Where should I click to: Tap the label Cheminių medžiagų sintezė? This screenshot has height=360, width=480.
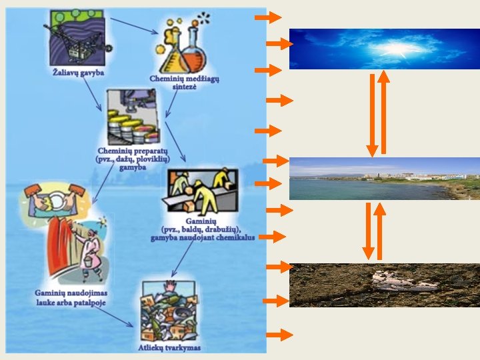point(184,83)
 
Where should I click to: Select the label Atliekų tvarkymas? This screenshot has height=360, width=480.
point(171,347)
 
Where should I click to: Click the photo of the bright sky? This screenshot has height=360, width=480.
point(384,49)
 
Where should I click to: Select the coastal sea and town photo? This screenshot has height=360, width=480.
point(384,179)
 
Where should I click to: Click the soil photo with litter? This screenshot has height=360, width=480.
point(384,285)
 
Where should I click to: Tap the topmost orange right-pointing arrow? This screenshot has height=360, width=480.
point(268,17)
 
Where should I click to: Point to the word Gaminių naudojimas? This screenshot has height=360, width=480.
point(71,293)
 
